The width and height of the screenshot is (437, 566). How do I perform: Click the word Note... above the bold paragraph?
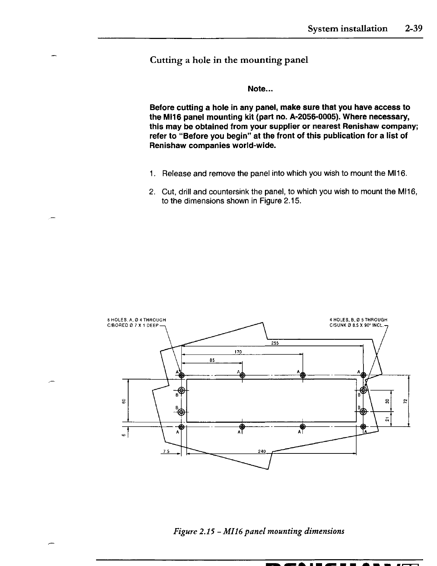[260, 89]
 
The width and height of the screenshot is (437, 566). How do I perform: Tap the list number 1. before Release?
[152, 174]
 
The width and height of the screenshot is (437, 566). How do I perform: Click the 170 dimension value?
[238, 352]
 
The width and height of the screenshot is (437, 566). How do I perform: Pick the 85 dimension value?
[211, 361]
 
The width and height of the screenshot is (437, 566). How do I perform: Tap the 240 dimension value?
[262, 452]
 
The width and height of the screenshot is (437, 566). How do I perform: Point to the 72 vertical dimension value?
[405, 400]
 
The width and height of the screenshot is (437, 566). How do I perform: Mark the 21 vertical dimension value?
[387, 419]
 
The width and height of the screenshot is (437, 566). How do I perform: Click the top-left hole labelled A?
[181, 375]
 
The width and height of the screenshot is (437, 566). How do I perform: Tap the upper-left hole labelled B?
[181, 390]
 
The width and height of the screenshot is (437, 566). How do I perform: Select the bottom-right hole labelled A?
[363, 427]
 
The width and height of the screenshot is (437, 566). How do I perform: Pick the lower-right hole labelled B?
[363, 412]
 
